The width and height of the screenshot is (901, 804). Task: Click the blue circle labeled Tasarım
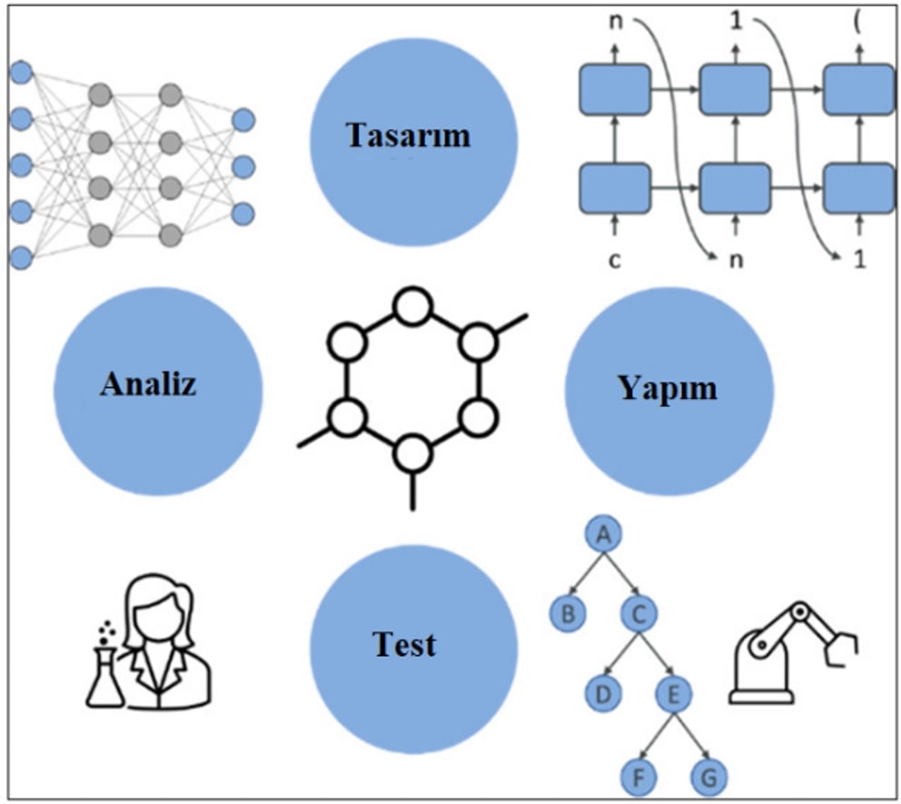click(x=409, y=136)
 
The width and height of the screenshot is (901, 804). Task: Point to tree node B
click(x=568, y=614)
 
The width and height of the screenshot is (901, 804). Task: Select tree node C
click(x=639, y=614)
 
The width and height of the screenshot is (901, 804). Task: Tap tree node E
click(x=674, y=697)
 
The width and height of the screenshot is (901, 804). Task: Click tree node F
click(x=639, y=778)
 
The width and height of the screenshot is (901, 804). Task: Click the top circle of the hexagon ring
click(x=411, y=303)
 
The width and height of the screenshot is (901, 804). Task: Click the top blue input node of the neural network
click(x=21, y=71)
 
